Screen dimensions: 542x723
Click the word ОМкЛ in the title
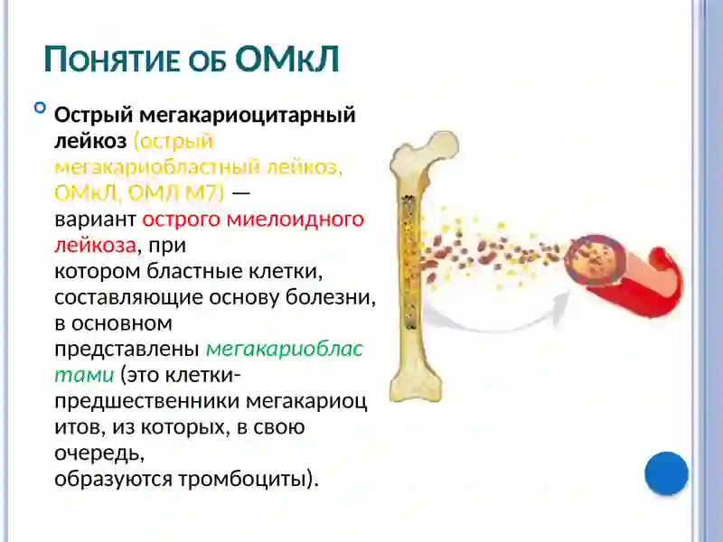coord(286,59)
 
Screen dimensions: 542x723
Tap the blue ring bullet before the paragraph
coord(40,108)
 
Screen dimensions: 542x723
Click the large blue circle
coord(667,473)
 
